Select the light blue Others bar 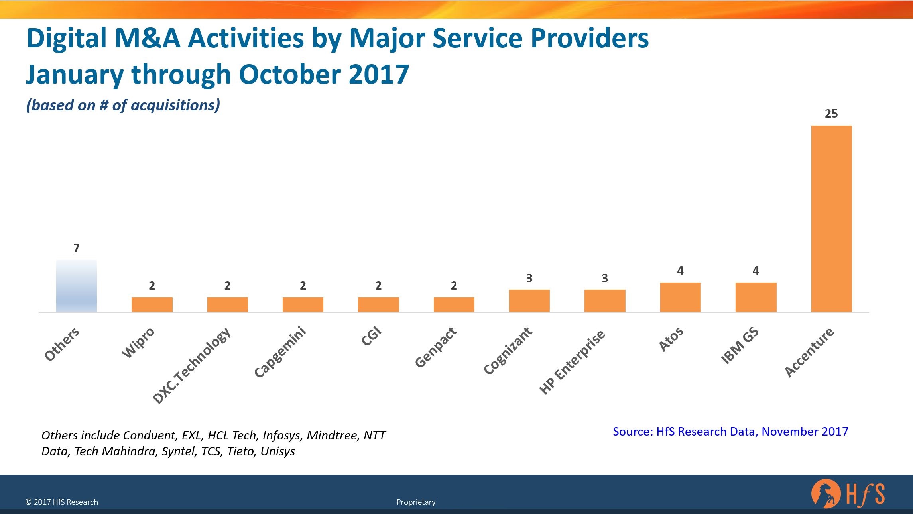click(76, 286)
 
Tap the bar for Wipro click(152, 304)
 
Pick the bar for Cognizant click(529, 301)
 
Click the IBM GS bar click(756, 297)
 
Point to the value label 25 click(831, 114)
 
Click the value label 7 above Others click(77, 248)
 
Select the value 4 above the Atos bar click(680, 271)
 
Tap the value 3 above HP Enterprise click(605, 278)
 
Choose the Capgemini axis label click(280, 352)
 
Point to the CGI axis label click(371, 337)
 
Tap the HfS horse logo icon click(825, 493)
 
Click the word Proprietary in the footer click(416, 502)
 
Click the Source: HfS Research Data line click(730, 432)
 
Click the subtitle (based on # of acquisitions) click(123, 105)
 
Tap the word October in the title click(290, 75)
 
